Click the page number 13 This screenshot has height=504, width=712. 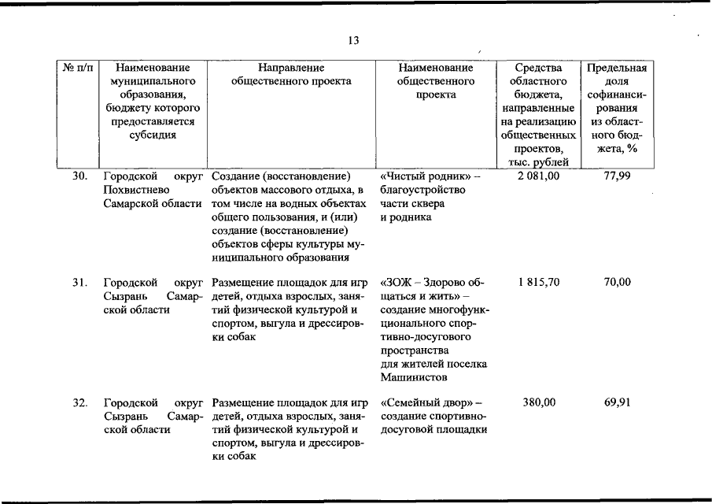click(353, 41)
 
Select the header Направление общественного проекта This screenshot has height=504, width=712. click(291, 74)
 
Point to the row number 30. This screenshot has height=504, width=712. click(79, 176)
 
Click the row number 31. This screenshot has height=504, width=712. click(79, 282)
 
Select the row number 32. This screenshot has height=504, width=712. click(79, 402)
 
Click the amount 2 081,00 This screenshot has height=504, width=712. click(539, 176)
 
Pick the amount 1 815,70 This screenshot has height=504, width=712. click(539, 282)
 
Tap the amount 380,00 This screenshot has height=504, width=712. click(539, 402)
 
